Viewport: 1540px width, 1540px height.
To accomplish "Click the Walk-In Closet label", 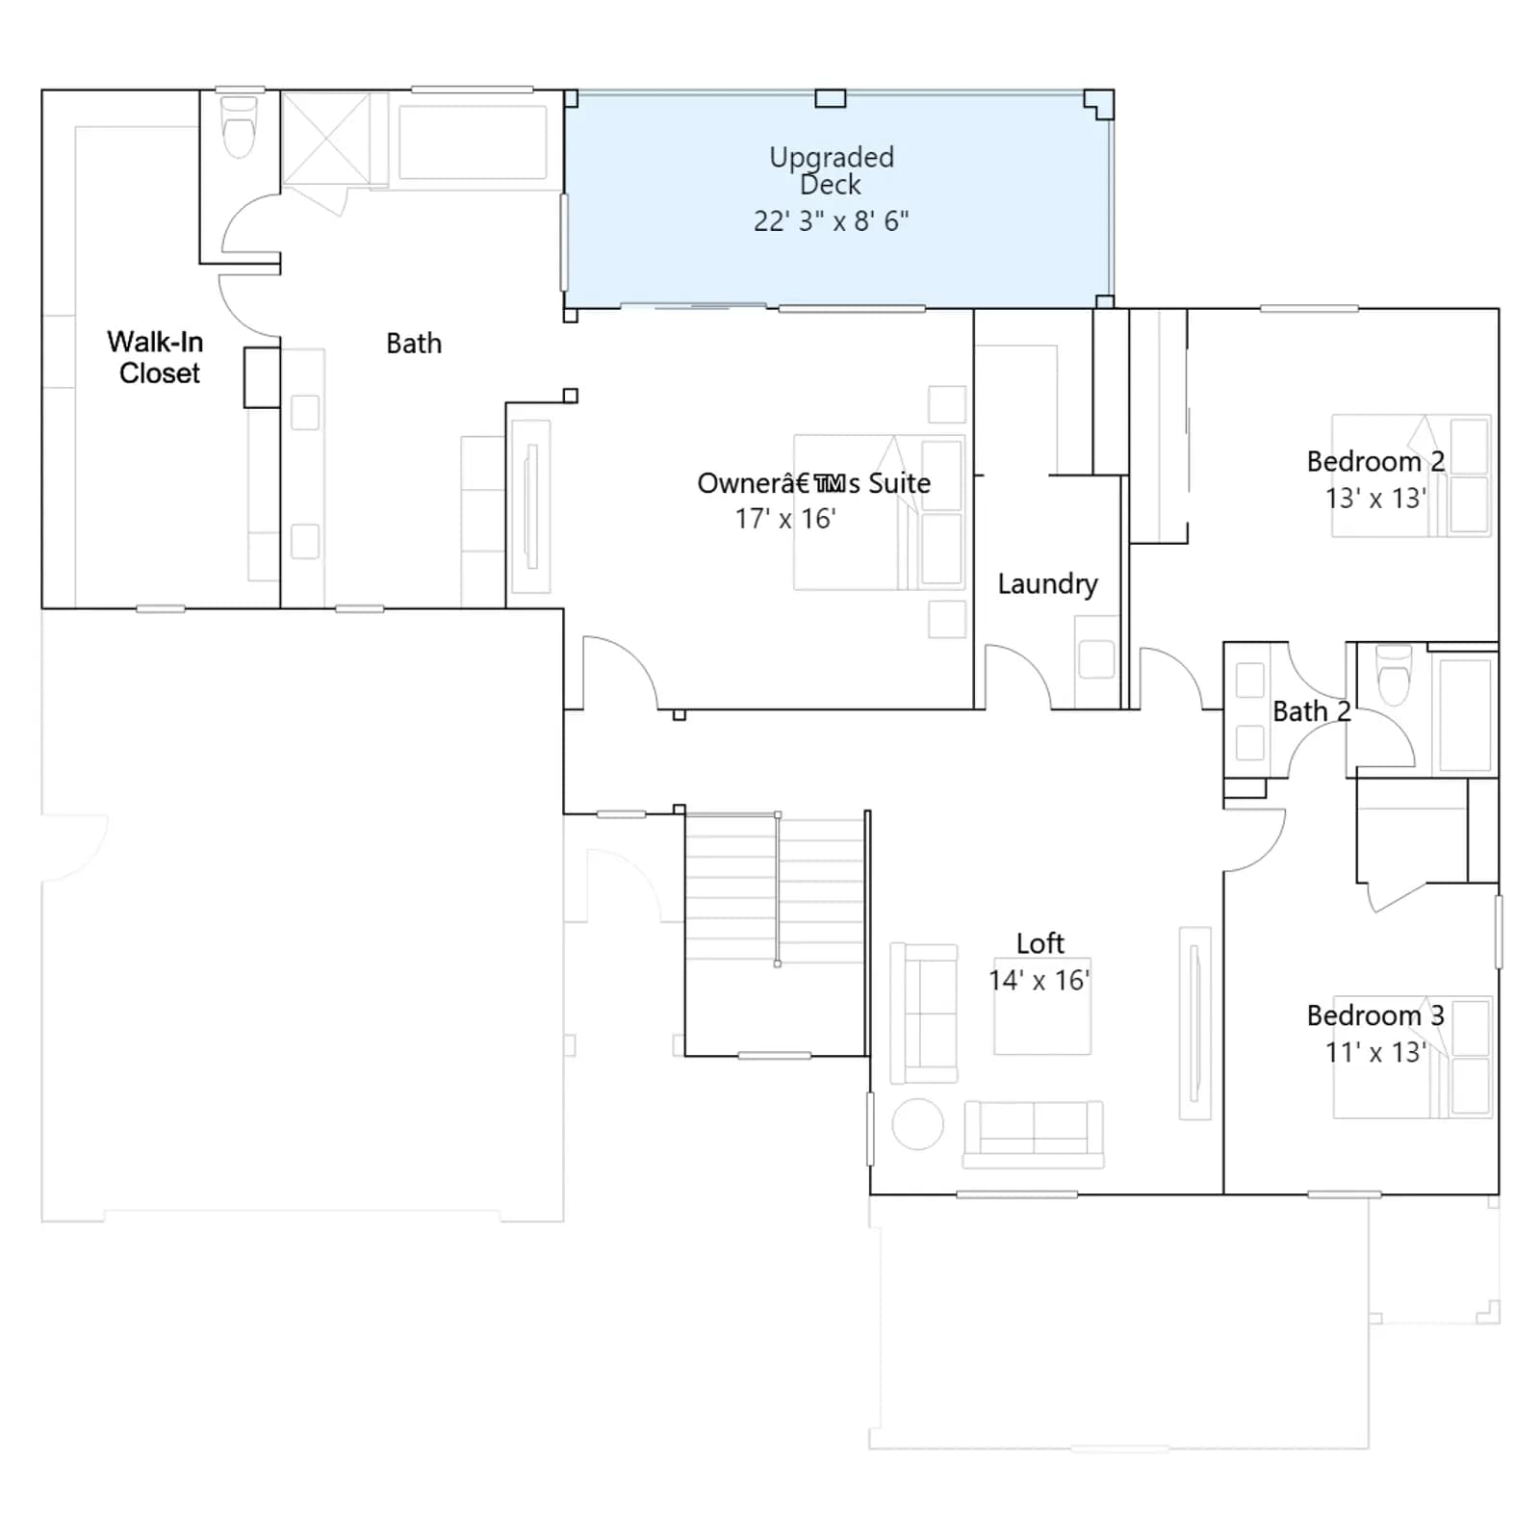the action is click(155, 357).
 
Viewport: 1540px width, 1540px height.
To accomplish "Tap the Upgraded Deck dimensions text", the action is click(831, 221).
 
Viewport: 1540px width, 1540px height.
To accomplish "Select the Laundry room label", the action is click(1047, 584).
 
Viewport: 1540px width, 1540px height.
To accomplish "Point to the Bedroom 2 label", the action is click(1375, 462).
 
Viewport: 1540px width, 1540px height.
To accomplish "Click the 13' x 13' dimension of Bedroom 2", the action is click(1375, 499).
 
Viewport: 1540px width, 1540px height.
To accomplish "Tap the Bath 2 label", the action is click(1312, 711).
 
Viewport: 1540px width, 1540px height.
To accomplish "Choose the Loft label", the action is click(1040, 943).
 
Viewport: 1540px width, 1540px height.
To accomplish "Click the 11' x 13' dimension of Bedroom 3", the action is click(1375, 1052).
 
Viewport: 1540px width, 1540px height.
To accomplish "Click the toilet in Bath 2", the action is click(1394, 675).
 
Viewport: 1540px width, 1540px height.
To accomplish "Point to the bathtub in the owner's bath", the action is click(473, 141).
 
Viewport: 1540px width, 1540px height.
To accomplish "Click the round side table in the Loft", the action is click(917, 1123).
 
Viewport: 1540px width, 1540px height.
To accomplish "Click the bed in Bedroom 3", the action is click(1412, 1057).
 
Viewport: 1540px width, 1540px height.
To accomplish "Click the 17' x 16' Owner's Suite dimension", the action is click(785, 519).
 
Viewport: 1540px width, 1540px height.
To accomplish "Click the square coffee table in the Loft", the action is click(1042, 1006).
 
